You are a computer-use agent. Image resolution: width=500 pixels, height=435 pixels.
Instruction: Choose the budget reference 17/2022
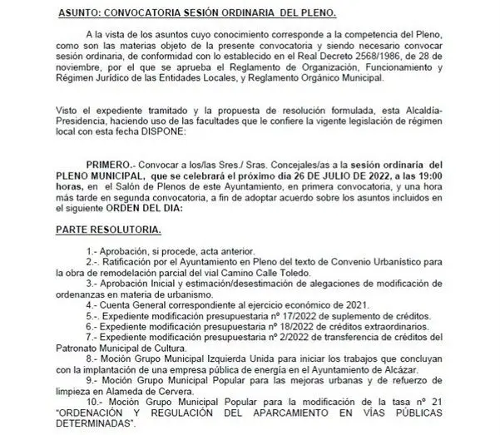(x=287, y=318)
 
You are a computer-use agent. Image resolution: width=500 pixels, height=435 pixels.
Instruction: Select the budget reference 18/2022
(x=287, y=329)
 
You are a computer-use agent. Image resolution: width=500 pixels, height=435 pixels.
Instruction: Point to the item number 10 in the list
(x=92, y=403)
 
